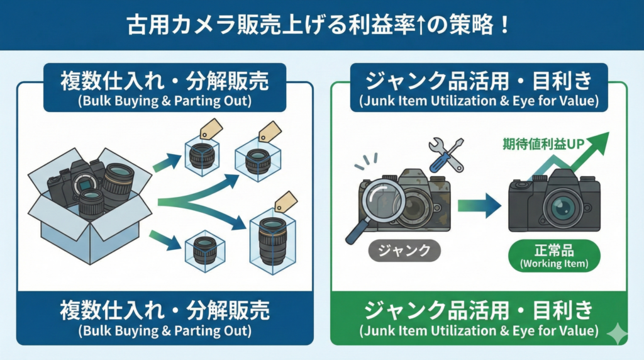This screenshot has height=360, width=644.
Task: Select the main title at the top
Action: tap(322, 26)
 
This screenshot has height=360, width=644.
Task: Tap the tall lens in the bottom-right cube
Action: tap(272, 240)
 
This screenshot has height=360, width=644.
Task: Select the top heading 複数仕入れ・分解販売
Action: tap(165, 81)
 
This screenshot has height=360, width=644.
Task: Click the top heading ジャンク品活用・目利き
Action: tap(479, 81)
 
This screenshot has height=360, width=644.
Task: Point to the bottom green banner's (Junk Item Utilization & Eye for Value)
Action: tap(479, 330)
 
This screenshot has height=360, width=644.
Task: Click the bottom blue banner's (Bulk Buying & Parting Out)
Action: tap(165, 330)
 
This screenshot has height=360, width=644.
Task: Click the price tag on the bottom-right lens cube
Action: tap(287, 201)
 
